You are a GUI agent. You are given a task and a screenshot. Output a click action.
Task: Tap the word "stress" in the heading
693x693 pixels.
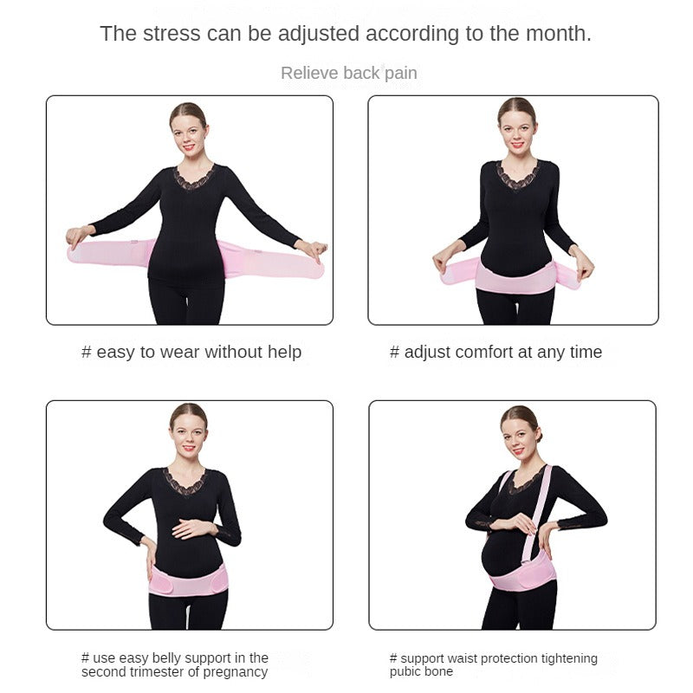point(172,34)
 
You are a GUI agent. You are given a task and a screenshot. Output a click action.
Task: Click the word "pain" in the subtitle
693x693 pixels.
point(401,74)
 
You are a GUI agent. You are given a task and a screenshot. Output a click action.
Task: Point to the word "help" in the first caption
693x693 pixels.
point(285,352)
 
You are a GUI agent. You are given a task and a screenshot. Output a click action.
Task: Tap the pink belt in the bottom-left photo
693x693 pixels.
point(189,580)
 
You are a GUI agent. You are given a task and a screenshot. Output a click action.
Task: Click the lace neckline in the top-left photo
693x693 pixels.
point(194,178)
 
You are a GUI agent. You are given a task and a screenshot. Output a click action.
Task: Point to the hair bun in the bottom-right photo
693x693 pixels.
point(539,435)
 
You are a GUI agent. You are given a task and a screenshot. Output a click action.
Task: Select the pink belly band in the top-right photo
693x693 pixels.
point(515,277)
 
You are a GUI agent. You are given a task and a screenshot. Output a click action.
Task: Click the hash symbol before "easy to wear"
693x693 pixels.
point(86,353)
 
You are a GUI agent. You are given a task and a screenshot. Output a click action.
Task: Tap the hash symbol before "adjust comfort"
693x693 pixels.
point(394,353)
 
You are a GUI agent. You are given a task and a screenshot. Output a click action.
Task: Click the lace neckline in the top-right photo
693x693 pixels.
point(518,175)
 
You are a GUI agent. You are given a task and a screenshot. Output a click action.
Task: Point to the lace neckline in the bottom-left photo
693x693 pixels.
point(185,482)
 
